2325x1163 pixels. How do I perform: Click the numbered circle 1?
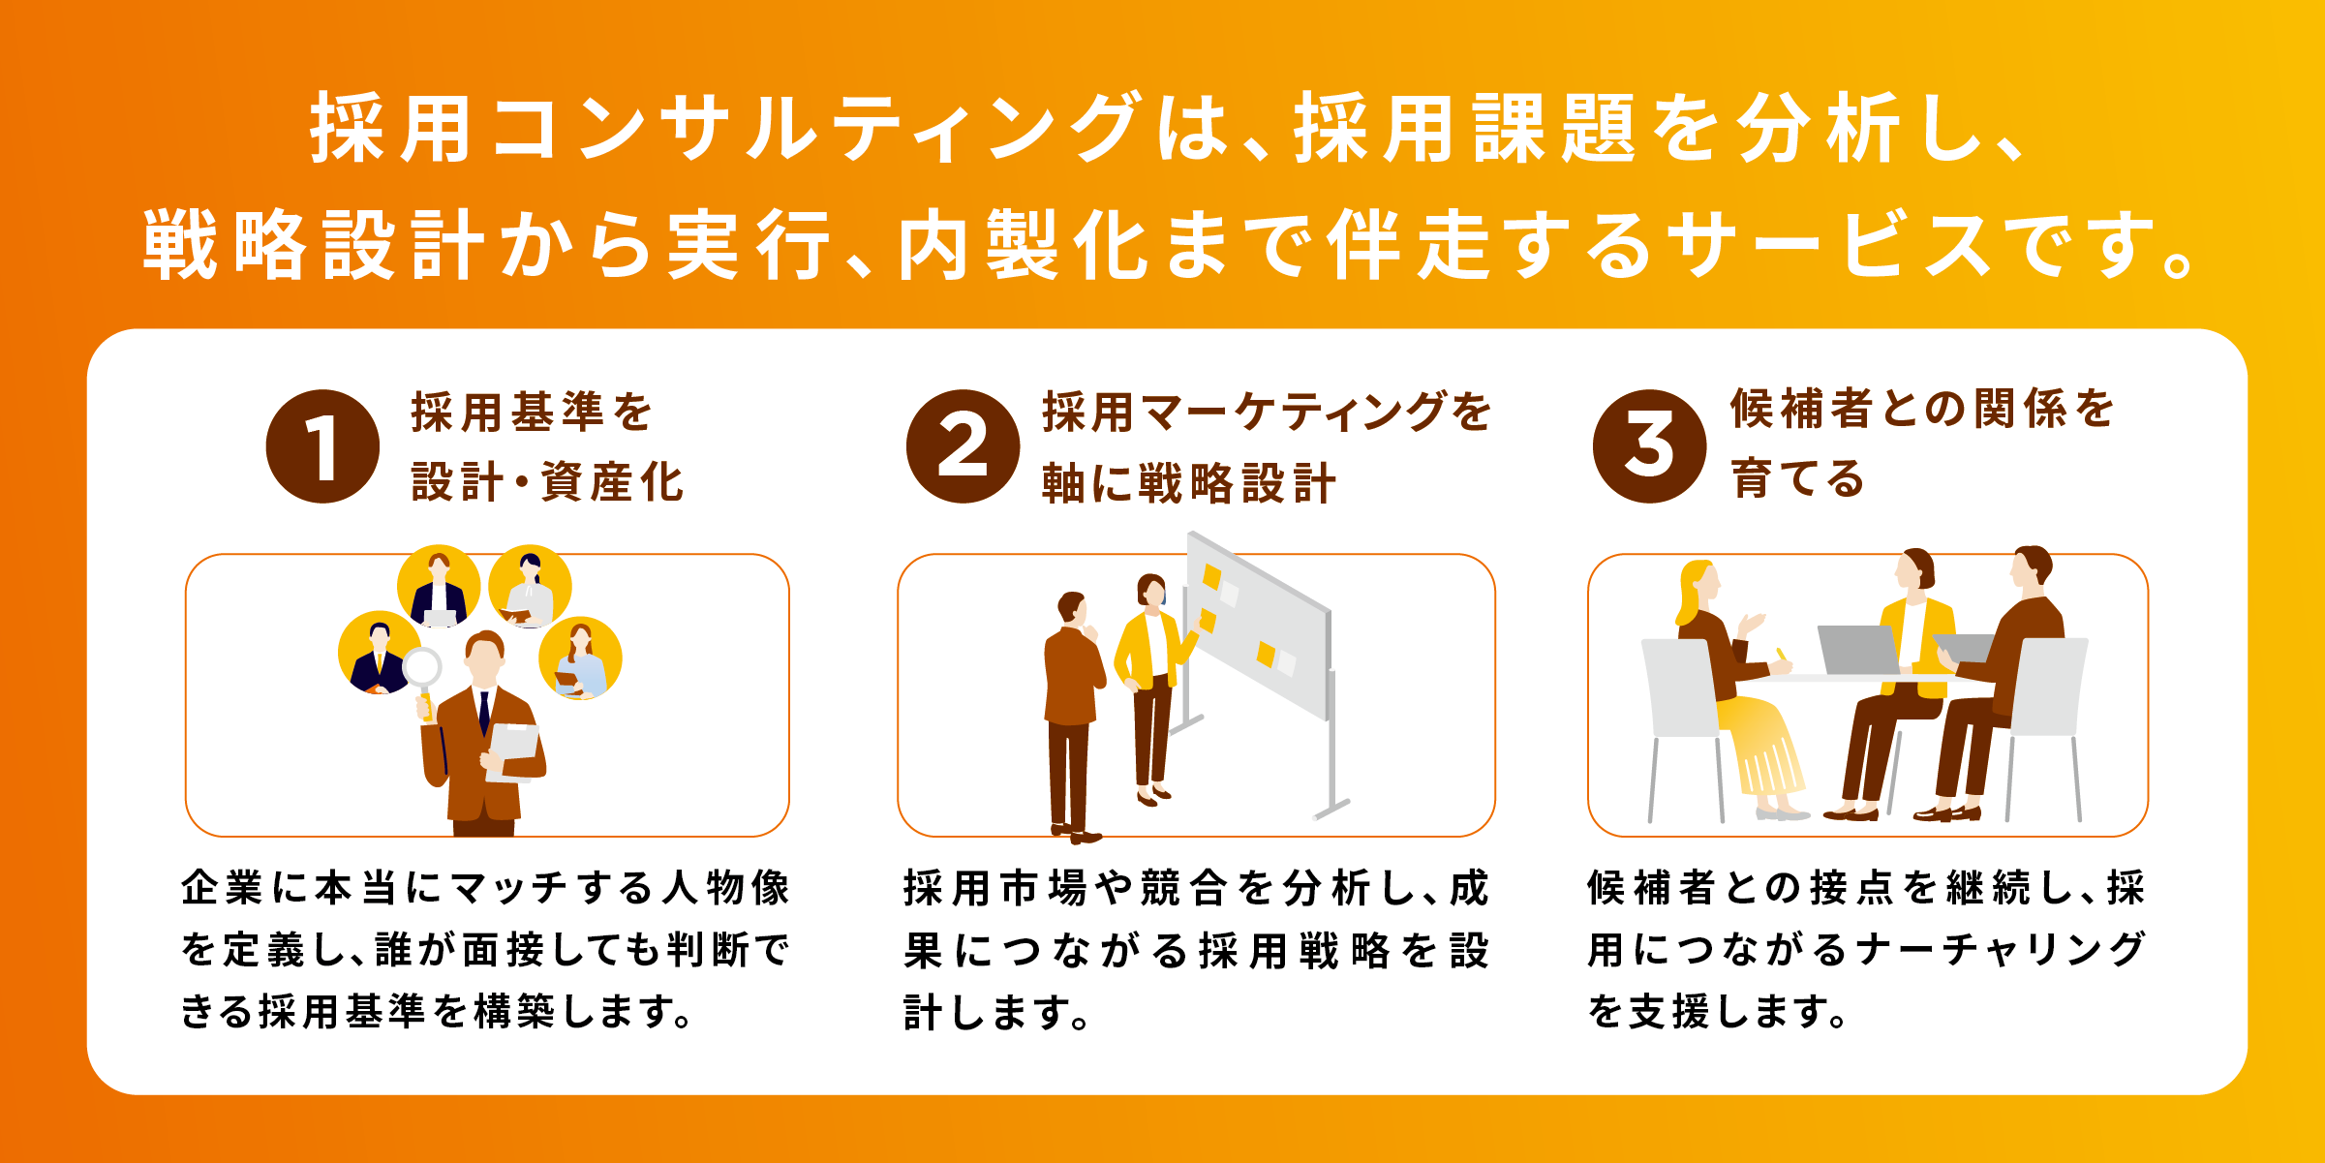[x=322, y=446]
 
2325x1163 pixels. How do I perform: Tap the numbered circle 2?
[x=963, y=446]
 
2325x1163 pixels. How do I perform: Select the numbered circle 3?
[x=1649, y=446]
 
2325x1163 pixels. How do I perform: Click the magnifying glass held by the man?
[x=423, y=678]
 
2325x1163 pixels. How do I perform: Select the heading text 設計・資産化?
[x=548, y=481]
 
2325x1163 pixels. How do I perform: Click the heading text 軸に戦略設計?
[x=1189, y=482]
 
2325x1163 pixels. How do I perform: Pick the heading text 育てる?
[x=1797, y=478]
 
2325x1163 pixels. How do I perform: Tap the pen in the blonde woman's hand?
[x=1780, y=657]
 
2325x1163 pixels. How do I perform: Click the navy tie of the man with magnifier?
[x=484, y=713]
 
